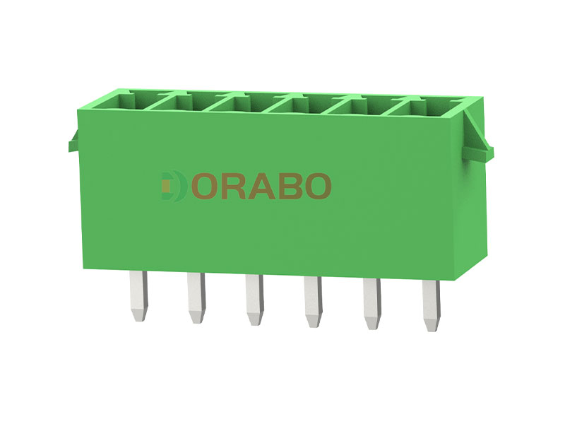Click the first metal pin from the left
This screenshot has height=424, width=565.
(139, 295)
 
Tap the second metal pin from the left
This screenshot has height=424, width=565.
(196, 298)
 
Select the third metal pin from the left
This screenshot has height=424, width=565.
(255, 300)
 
